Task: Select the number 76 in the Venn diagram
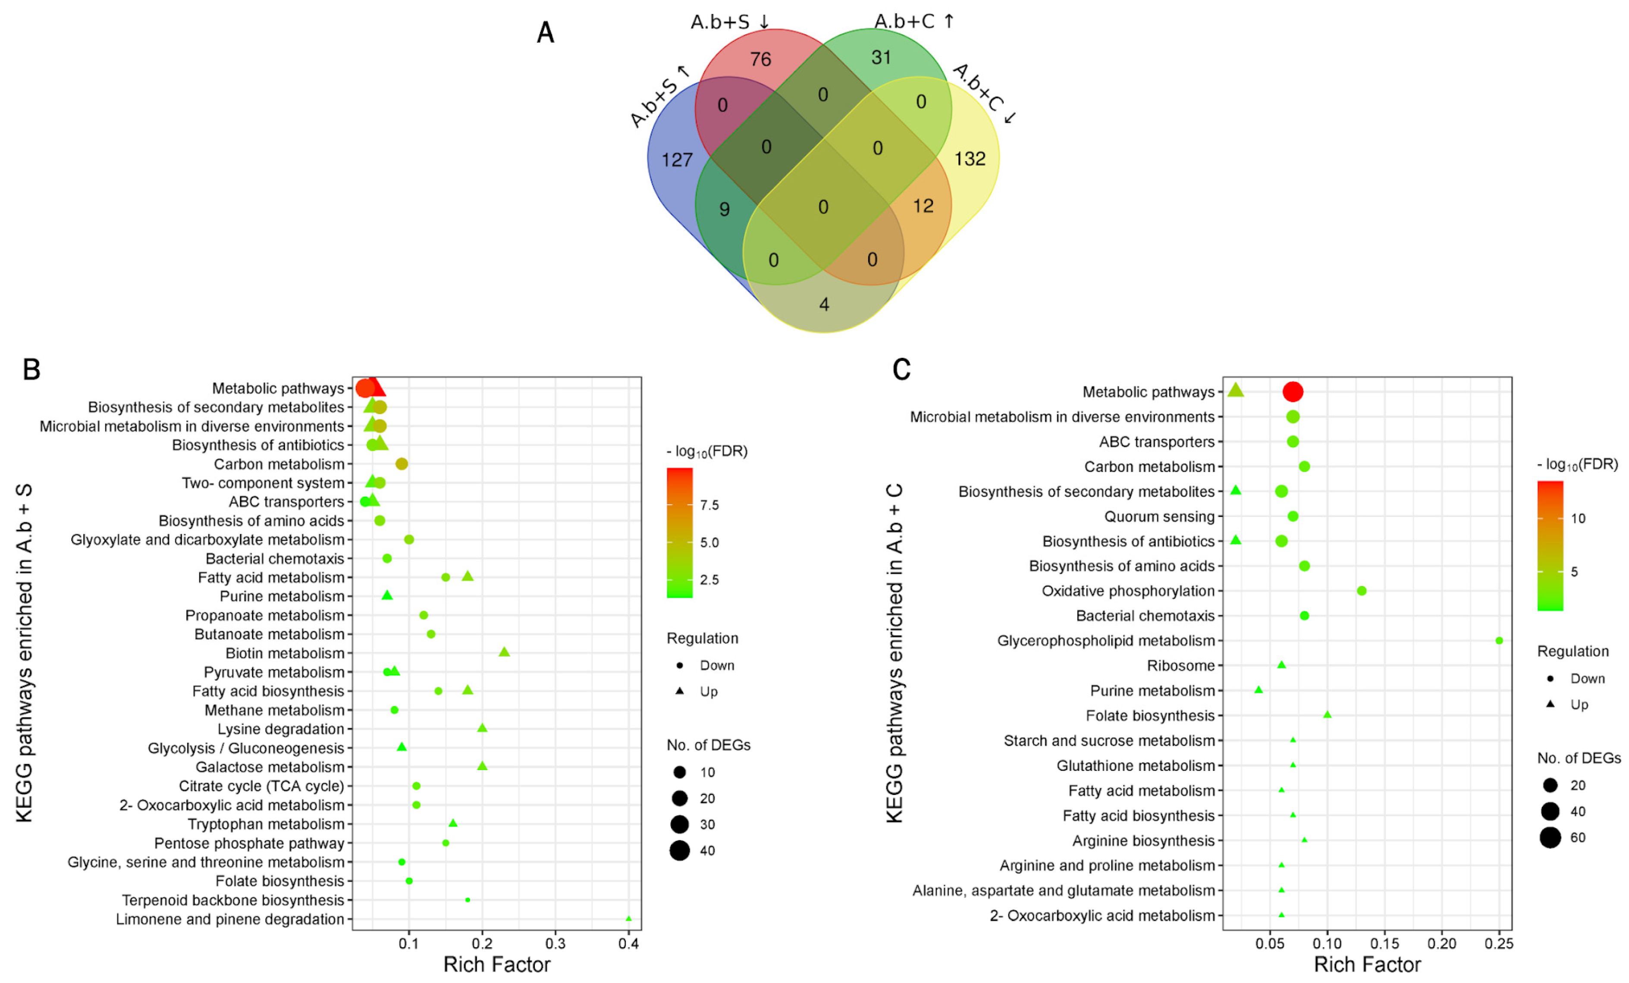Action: pos(760,59)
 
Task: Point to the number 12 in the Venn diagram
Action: pos(923,206)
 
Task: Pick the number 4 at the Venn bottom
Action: pos(824,304)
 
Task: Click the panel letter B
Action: pos(31,369)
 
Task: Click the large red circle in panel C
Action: pos(1293,392)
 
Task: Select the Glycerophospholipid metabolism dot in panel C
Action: pos(1499,641)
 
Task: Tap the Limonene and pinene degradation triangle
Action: pos(628,919)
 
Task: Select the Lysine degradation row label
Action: pos(280,729)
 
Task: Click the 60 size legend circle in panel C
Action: pos(1550,838)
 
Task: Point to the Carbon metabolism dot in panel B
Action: pos(401,464)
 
